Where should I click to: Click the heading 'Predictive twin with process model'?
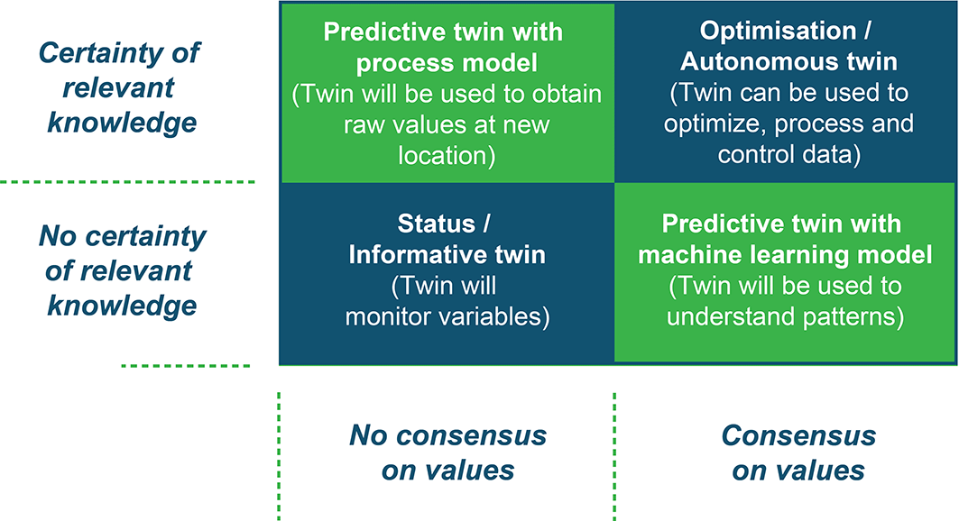pos(444,47)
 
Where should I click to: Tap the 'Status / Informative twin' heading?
pos(447,239)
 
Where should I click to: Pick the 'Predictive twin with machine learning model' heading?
pos(785,239)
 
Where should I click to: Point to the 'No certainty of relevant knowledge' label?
pos(122,270)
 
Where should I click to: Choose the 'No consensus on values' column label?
pos(447,452)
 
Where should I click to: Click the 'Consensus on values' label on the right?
pos(798,452)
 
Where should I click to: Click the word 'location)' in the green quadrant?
pos(447,155)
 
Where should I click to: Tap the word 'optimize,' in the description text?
pos(715,124)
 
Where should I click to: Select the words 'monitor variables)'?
pos(447,316)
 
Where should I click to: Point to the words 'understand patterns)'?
pos(785,316)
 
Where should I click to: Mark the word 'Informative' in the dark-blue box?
pos(414,254)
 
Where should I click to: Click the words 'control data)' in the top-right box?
pos(789,154)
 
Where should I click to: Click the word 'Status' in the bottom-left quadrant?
pos(436,224)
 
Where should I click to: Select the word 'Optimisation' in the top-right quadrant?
pos(778,31)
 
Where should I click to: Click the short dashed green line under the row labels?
pos(186,366)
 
